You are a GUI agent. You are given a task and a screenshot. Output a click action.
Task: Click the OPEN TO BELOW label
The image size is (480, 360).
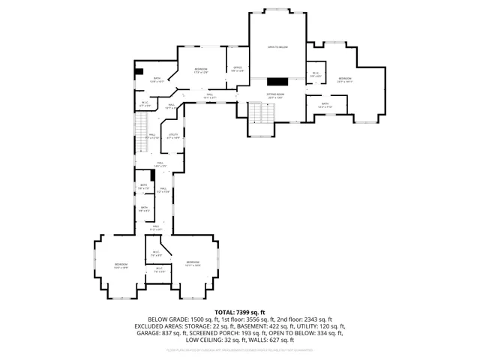click(x=277, y=46)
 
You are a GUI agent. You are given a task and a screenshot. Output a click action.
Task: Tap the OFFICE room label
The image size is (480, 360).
click(x=236, y=70)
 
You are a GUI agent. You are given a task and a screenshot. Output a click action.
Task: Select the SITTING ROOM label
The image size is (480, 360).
click(x=275, y=95)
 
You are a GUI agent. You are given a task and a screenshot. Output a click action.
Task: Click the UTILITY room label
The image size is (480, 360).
click(x=173, y=136)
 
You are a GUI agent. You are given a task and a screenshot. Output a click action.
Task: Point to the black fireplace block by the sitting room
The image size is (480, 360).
click(x=276, y=80)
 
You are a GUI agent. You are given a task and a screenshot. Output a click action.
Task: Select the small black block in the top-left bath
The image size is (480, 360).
click(x=139, y=71)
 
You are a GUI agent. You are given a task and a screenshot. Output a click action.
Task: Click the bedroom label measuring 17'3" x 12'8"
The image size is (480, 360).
click(x=201, y=70)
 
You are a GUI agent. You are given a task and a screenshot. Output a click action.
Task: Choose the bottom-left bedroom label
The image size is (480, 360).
click(x=121, y=265)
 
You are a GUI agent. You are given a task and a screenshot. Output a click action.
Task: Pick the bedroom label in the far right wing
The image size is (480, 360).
click(x=344, y=79)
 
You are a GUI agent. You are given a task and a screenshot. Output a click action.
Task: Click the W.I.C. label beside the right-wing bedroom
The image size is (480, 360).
click(x=316, y=74)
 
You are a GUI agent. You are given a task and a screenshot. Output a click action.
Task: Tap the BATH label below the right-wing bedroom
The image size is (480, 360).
click(x=325, y=105)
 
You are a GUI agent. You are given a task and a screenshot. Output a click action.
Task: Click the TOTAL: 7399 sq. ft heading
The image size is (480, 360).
click(x=240, y=311)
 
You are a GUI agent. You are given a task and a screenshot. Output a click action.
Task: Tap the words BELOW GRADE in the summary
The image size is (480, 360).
click(x=166, y=319)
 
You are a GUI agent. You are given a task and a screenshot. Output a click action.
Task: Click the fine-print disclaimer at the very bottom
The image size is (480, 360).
click(x=240, y=349)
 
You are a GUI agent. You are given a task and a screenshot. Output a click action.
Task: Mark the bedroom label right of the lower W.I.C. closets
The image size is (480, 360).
click(x=193, y=263)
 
